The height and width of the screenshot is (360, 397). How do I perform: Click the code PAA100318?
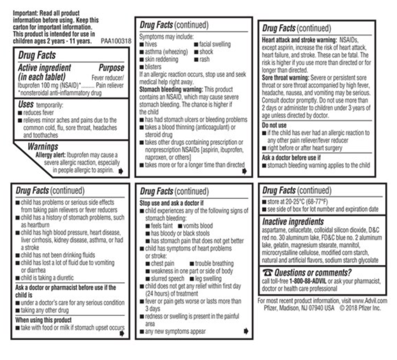[x=116, y=41]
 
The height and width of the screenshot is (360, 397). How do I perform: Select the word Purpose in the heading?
[x=111, y=67]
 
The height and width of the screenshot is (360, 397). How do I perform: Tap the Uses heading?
[x=26, y=105]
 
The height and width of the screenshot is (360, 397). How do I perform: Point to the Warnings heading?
[x=43, y=146]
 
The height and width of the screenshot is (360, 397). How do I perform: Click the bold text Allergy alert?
[x=51, y=155]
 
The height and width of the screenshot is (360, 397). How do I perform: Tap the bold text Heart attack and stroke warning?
[x=299, y=40]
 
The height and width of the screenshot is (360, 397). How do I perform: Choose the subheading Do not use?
[x=274, y=125]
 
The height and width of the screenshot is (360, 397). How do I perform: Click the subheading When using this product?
[x=44, y=320]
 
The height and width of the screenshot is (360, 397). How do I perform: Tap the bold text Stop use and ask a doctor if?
[x=171, y=203]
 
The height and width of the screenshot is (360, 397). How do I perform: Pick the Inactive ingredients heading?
[x=293, y=222]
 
